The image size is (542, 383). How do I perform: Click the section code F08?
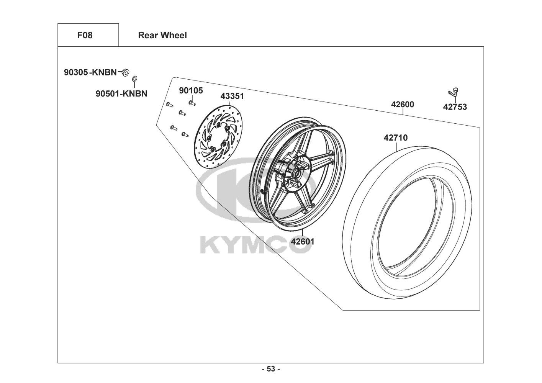(85, 35)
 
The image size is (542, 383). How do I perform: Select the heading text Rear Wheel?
(162, 35)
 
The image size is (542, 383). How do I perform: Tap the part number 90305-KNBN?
(90, 72)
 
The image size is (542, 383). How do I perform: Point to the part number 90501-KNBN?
(121, 93)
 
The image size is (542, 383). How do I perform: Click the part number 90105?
(191, 90)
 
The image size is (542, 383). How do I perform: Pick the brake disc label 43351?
(232, 96)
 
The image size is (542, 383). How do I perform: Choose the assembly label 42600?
(403, 105)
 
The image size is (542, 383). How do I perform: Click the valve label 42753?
(455, 107)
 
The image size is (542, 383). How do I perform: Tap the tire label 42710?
(396, 137)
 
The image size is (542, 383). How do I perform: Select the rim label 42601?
(303, 241)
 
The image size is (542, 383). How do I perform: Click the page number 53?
(271, 369)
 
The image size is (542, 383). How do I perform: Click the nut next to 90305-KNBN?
(125, 72)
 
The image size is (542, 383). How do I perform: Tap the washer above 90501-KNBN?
(134, 79)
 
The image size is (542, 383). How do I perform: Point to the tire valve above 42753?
(453, 92)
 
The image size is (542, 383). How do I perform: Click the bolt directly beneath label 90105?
(192, 103)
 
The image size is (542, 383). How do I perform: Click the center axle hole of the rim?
(296, 173)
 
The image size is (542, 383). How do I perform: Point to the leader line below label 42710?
(397, 147)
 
